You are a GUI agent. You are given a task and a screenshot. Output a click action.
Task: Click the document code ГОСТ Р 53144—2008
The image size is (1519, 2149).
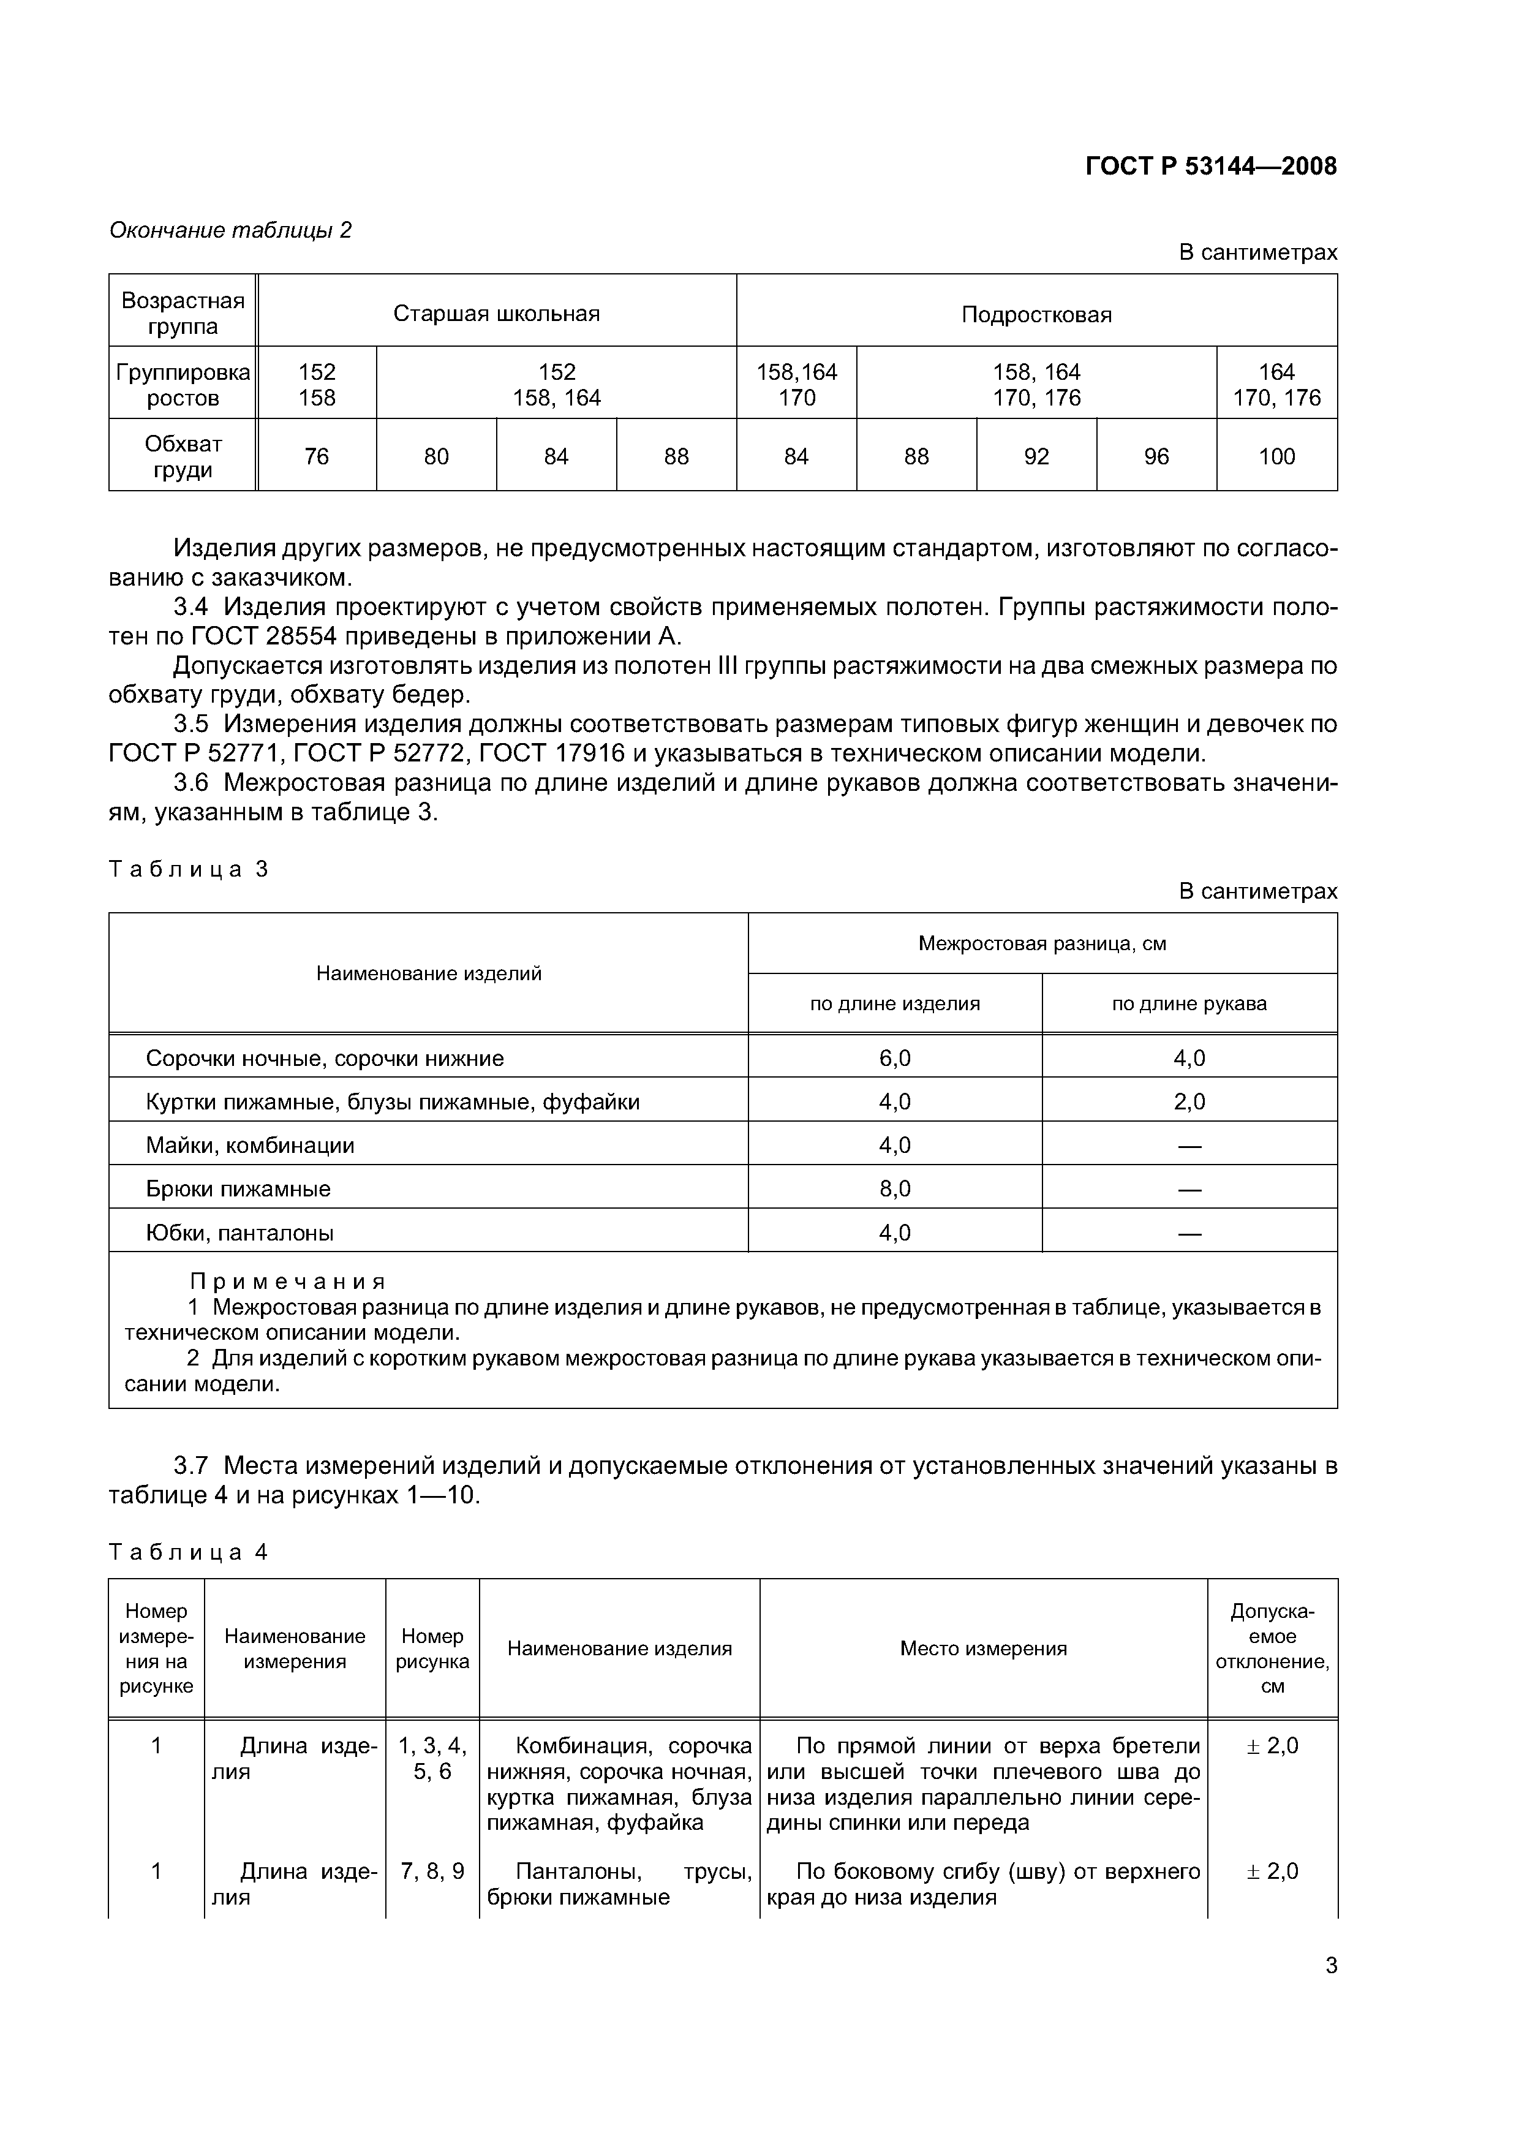[x=1210, y=167]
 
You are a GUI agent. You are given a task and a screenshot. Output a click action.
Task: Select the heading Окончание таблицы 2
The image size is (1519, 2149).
[x=230, y=230]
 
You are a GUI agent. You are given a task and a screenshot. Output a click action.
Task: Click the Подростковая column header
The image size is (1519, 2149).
[x=1036, y=314]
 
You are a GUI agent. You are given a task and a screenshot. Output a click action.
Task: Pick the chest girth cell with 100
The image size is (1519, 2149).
[x=1276, y=457]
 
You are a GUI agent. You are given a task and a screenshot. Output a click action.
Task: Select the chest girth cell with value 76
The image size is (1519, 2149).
[x=316, y=457]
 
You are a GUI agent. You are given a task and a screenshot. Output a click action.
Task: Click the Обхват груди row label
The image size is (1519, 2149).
[x=183, y=457]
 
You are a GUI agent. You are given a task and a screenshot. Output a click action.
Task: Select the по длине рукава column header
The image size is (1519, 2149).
[x=1189, y=1003]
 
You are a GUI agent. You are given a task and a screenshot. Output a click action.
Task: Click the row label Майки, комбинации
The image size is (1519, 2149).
[x=250, y=1146]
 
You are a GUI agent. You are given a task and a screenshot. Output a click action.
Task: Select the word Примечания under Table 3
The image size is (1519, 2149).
[x=288, y=1282]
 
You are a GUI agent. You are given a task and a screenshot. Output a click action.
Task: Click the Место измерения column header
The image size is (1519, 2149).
[x=982, y=1649]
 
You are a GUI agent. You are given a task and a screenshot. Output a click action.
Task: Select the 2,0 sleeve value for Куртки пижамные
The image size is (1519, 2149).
[x=1189, y=1101]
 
